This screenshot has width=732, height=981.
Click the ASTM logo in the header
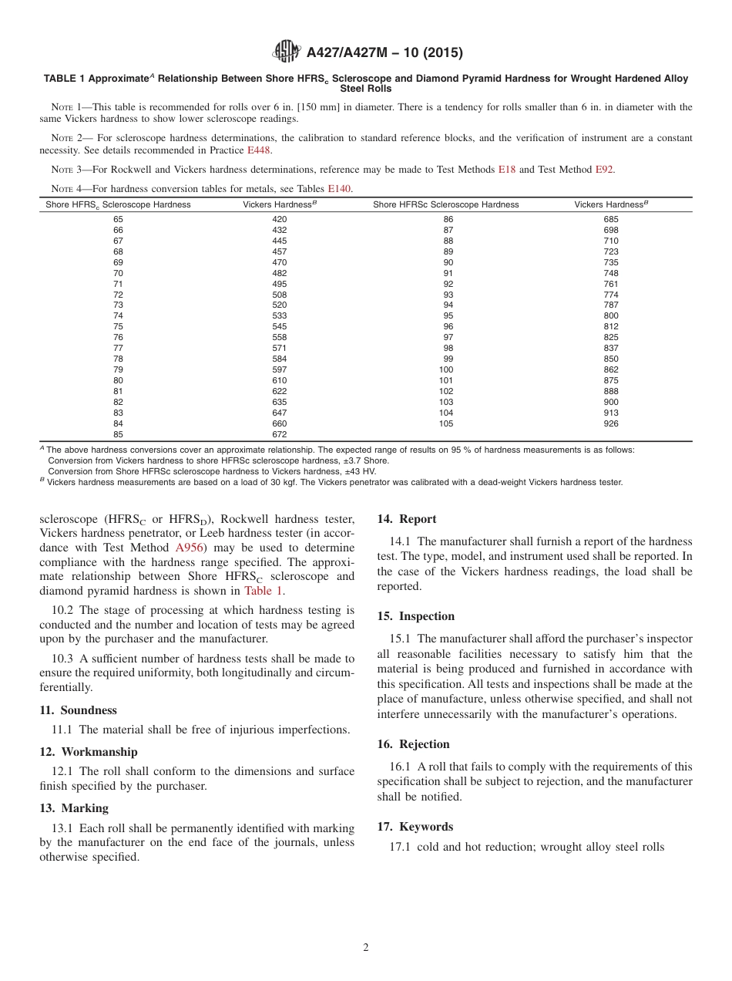tap(287, 52)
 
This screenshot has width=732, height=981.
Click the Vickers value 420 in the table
tap(279, 219)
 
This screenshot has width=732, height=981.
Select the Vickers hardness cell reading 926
tap(611, 423)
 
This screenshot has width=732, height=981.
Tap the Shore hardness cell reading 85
tap(118, 434)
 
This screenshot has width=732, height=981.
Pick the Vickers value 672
tap(279, 434)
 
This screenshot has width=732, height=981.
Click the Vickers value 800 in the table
tap(611, 315)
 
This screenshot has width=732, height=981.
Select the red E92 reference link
tap(604, 169)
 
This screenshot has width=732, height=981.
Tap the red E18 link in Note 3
tap(506, 169)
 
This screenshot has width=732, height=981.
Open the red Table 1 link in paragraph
tap(263, 591)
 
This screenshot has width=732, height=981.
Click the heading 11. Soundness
tap(78, 710)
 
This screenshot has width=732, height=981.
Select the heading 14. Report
tap(407, 519)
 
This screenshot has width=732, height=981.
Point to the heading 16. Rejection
tap(413, 744)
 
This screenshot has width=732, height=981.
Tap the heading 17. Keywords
tap(415, 827)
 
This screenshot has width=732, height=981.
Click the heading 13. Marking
tap(74, 808)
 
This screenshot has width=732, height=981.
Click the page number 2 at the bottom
tap(366, 948)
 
